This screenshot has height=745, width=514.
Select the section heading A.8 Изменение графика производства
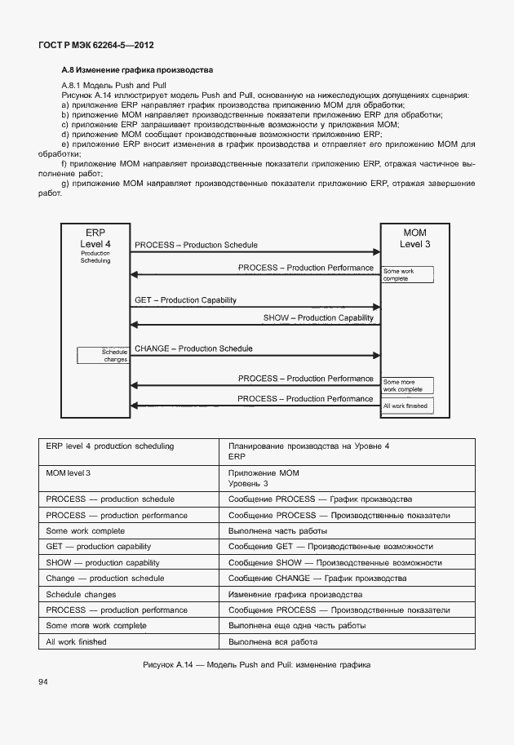(137, 70)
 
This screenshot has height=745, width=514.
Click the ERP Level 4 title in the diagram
(95, 237)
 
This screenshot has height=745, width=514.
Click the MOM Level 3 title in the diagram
(414, 237)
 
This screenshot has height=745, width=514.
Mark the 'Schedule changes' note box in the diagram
(103, 355)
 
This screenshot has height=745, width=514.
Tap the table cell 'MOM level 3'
(69, 473)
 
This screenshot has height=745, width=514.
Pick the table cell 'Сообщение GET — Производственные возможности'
(330, 546)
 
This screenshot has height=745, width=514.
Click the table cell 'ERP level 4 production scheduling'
(110, 446)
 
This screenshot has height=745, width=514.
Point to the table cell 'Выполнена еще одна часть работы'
(297, 626)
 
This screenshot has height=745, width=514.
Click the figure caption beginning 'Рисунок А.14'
(256, 664)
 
